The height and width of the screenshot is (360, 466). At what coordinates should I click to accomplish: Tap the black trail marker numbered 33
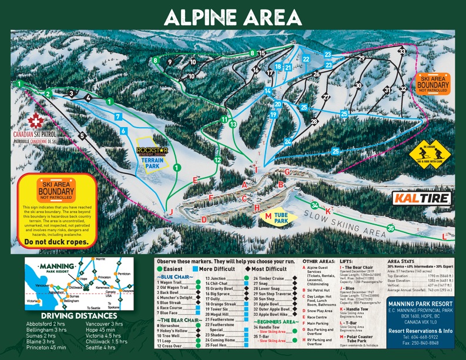click(x=401, y=52)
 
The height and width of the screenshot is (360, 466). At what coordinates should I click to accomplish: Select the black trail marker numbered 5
click(x=82, y=136)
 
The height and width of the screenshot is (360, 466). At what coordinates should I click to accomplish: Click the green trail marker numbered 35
click(x=391, y=228)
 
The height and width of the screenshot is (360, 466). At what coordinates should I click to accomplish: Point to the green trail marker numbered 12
click(x=217, y=159)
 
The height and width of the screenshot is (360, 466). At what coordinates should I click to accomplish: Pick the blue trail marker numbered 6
click(x=123, y=131)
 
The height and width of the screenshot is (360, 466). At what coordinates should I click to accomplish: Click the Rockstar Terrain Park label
click(x=152, y=157)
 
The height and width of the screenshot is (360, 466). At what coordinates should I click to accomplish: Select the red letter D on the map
click(x=204, y=219)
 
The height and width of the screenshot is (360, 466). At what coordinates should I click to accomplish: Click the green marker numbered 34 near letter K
click(x=316, y=205)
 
